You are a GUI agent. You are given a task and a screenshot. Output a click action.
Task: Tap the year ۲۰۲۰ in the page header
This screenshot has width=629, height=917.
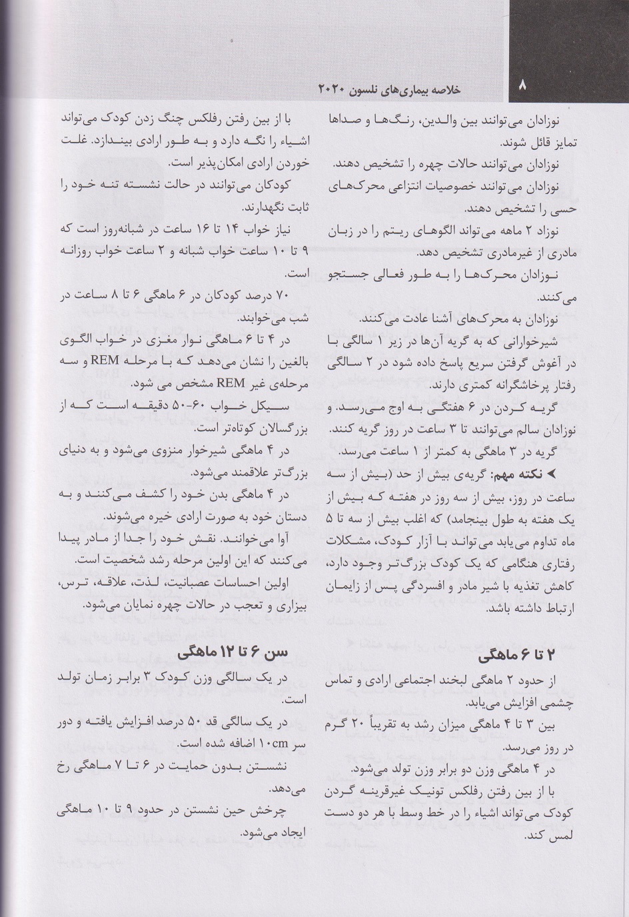click(x=330, y=89)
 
